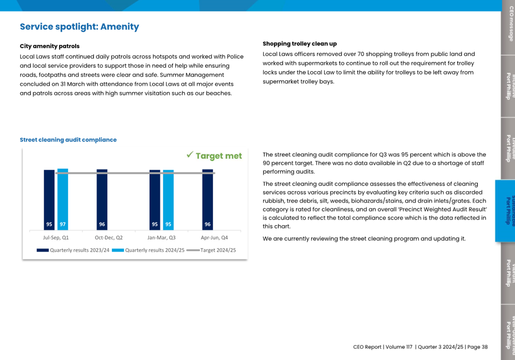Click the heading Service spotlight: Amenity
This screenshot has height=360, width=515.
[x=79, y=27]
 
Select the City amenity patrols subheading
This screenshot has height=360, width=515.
[x=50, y=46]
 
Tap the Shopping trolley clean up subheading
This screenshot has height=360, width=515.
[x=299, y=44]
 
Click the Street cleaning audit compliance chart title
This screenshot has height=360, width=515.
[x=68, y=140]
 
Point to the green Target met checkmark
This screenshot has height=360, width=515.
[x=190, y=155]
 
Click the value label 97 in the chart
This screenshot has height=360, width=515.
[x=63, y=225]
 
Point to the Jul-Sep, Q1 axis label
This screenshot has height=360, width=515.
[x=56, y=238]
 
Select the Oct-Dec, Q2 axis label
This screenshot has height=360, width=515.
[x=109, y=238]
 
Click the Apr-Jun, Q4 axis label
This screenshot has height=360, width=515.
[x=214, y=238]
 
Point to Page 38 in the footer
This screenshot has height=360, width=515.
[x=478, y=347]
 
